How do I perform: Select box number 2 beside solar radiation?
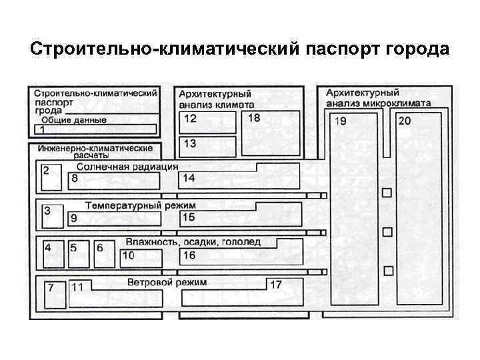(50, 177)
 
